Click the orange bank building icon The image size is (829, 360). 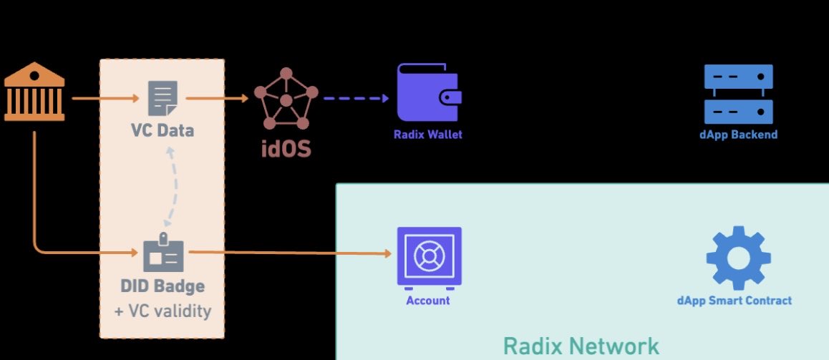pyautogui.click(x=34, y=91)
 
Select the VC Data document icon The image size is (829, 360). pyautogui.click(x=163, y=99)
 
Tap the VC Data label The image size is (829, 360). pyautogui.click(x=162, y=131)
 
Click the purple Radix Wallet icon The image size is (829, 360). pyautogui.click(x=428, y=92)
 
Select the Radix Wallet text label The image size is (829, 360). pyautogui.click(x=428, y=135)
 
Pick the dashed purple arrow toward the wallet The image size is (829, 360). pyautogui.click(x=356, y=98)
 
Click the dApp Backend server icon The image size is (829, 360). pyautogui.click(x=738, y=94)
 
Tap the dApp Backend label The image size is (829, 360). pyautogui.click(x=739, y=135)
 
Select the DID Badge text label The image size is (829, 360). pyautogui.click(x=162, y=286)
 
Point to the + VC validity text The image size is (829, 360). pyautogui.click(x=162, y=311)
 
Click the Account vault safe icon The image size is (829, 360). pyautogui.click(x=428, y=255)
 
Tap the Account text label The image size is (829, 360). pyautogui.click(x=428, y=301)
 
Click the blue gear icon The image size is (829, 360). pyautogui.click(x=738, y=257)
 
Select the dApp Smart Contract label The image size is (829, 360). pyautogui.click(x=735, y=301)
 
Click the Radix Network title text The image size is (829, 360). pyautogui.click(x=581, y=346)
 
